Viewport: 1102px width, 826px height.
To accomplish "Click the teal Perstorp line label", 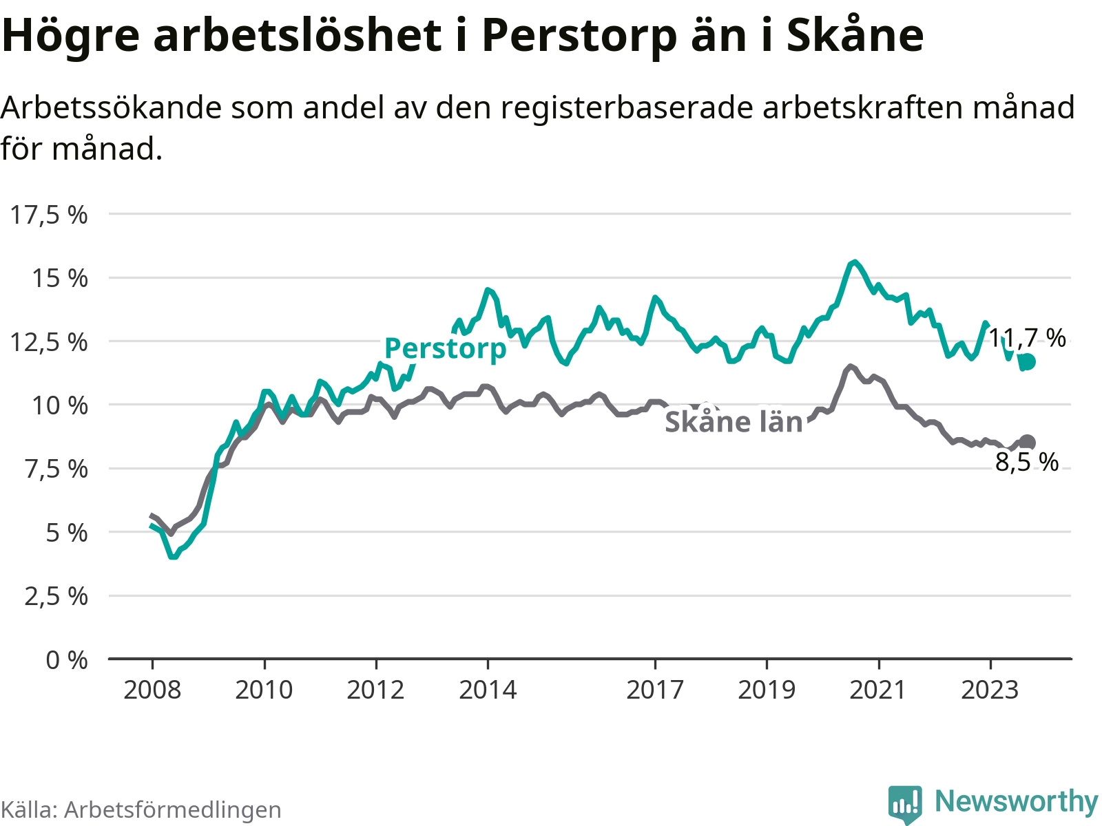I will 445,348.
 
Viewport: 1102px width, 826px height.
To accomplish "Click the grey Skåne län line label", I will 734,422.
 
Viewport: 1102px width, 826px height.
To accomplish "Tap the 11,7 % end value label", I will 1027,338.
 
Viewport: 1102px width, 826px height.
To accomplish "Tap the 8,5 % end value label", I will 1026,462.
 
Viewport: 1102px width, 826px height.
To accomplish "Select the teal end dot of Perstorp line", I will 1028,362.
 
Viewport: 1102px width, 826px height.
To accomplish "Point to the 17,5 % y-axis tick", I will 49,215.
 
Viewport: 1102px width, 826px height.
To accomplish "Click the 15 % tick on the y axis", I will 59,278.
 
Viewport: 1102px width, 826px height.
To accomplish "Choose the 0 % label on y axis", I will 67,660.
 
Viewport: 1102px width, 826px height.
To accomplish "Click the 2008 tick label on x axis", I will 152,690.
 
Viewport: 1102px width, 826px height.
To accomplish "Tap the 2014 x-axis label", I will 488,690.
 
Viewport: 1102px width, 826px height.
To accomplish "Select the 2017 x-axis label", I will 655,690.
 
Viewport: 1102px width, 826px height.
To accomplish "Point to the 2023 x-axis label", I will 990,690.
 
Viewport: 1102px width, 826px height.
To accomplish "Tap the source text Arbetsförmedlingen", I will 172,810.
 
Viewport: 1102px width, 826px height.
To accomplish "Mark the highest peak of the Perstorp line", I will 855,262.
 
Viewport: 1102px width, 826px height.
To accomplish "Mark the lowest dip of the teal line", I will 173,556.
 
